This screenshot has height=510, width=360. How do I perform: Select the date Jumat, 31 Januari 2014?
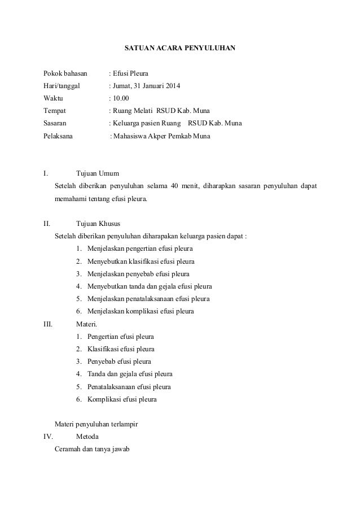(x=147, y=86)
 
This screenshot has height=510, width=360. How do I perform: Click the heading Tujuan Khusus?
(x=98, y=223)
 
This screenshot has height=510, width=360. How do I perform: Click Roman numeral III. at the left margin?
(x=49, y=324)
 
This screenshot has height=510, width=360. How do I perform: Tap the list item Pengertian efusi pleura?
(x=121, y=337)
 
